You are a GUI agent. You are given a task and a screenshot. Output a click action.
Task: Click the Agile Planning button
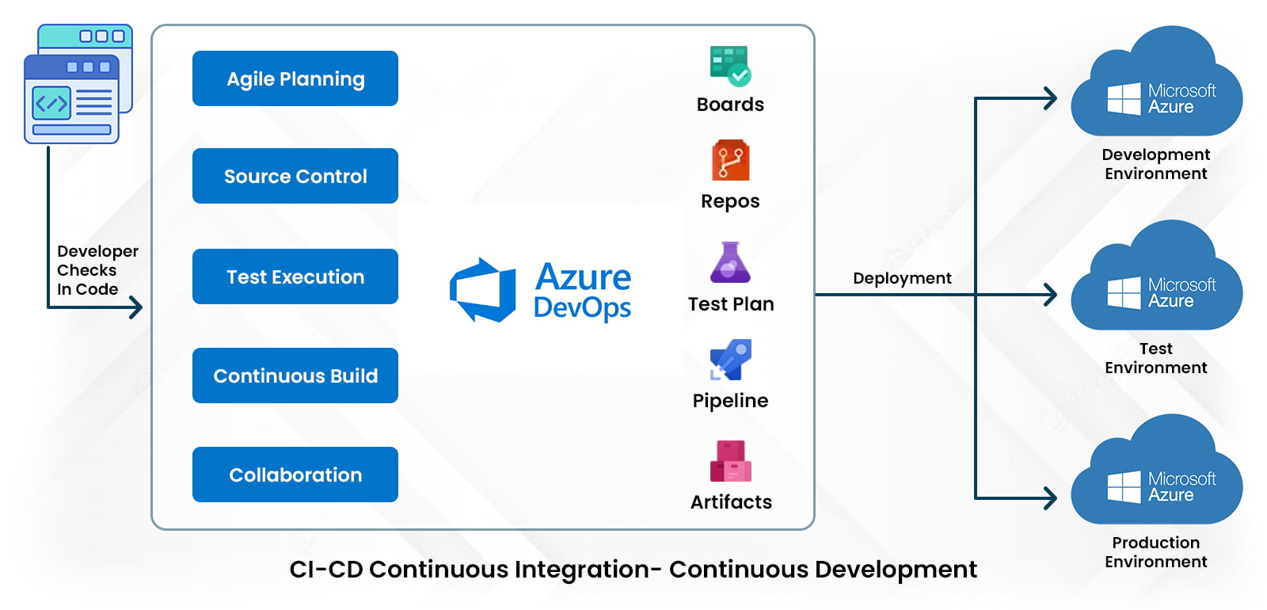click(x=295, y=78)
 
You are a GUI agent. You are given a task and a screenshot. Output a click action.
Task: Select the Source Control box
click(x=295, y=176)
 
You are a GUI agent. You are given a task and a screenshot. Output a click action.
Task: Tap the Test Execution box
click(x=295, y=276)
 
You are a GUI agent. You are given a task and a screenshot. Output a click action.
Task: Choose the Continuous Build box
click(x=295, y=376)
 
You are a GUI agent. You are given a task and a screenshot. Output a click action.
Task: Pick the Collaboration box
click(x=295, y=475)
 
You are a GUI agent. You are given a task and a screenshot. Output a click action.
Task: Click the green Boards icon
click(x=730, y=66)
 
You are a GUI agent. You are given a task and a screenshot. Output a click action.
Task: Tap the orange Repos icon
click(x=730, y=161)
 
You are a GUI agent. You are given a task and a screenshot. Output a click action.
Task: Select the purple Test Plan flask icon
click(x=730, y=263)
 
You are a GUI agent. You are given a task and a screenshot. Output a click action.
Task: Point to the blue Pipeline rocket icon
click(x=730, y=360)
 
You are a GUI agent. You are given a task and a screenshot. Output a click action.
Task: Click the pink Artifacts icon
click(x=730, y=461)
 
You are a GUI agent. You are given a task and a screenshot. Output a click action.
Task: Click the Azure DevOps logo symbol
click(x=482, y=290)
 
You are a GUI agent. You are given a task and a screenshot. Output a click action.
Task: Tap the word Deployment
click(x=902, y=278)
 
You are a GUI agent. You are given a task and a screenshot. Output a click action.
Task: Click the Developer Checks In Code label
click(x=97, y=270)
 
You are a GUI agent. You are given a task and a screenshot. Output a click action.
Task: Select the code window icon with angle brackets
click(x=72, y=98)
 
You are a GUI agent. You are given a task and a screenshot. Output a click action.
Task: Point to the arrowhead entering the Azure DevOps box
click(x=137, y=307)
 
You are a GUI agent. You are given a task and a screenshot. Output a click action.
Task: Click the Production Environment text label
click(x=1155, y=552)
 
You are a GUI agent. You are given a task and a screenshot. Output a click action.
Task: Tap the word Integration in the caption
click(x=581, y=570)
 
